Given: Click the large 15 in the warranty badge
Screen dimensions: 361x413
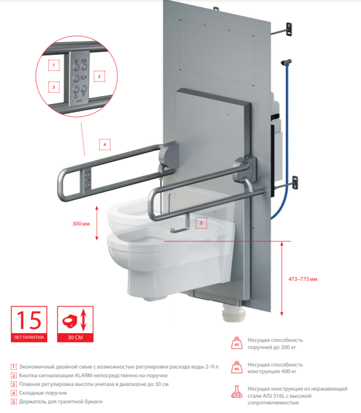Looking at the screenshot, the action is click(29, 320).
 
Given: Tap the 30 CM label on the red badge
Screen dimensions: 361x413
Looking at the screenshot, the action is click(75, 337).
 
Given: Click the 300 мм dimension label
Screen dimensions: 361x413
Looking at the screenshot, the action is click(81, 223).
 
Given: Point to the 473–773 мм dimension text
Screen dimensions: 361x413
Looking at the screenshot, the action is click(303, 279).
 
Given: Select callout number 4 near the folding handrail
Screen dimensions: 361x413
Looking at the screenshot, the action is click(105, 144).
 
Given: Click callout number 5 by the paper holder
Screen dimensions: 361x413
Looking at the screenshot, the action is click(201, 223).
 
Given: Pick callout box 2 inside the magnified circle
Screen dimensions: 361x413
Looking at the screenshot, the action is click(99, 76).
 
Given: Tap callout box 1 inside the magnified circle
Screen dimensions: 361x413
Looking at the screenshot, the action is click(54, 65).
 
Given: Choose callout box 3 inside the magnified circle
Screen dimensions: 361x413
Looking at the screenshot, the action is click(54, 87).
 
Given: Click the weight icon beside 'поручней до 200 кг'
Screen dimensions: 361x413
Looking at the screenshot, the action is click(236, 343).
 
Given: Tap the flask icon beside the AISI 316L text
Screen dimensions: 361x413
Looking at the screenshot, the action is click(236, 391).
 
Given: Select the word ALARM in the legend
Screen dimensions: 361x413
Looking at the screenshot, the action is click(83, 375).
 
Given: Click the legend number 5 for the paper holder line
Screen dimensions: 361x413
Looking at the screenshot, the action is click(13, 402).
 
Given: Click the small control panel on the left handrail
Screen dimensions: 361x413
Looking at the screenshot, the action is click(88, 180).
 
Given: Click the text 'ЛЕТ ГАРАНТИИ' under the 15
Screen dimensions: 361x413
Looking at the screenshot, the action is click(29, 337).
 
